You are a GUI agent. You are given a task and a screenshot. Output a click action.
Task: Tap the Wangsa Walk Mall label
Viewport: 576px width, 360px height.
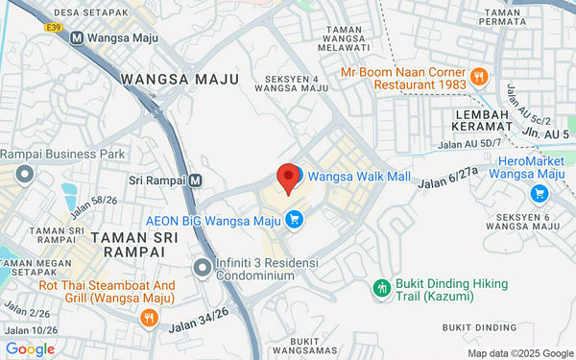pyautogui.click(x=359, y=177)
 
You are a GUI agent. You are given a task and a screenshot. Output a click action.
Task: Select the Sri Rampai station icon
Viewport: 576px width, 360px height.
pyautogui.click(x=196, y=180)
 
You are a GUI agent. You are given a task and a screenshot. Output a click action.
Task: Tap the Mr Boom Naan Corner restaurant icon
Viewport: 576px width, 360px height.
pyautogui.click(x=477, y=76)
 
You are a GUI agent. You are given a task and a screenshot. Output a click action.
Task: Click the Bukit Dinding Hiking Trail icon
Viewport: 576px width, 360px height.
pyautogui.click(x=381, y=287)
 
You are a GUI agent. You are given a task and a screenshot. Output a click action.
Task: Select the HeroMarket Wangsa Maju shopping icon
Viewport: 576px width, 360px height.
pyautogui.click(x=539, y=193)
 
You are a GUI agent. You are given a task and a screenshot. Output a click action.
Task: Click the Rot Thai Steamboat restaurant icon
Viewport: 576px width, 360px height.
pyautogui.click(x=148, y=317)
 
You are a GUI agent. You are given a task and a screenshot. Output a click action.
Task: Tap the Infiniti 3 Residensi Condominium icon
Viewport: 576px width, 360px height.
pyautogui.click(x=202, y=266)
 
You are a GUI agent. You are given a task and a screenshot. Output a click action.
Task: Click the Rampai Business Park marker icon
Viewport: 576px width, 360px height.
pyautogui.click(x=24, y=174)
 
